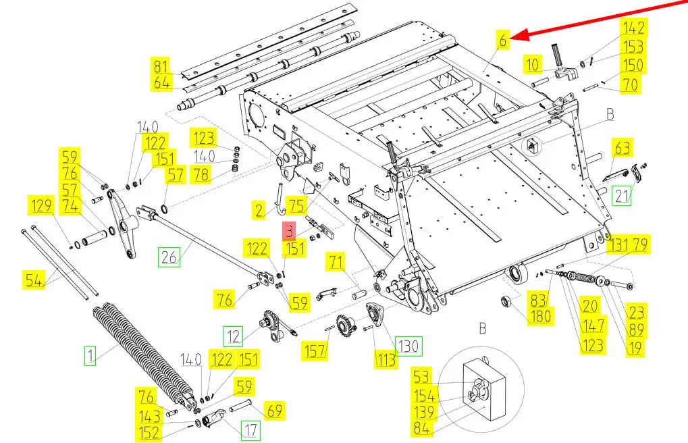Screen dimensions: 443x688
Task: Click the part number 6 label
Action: pyautogui.click(x=503, y=40)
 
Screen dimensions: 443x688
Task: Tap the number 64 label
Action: pyautogui.click(x=161, y=83)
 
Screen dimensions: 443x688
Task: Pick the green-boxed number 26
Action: pyautogui.click(x=169, y=257)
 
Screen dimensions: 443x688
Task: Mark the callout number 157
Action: pyautogui.click(x=315, y=350)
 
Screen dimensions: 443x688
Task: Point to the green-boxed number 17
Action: pyautogui.click(x=250, y=429)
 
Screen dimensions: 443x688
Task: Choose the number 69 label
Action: pyautogui.click(x=274, y=409)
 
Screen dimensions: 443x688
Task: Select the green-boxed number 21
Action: pyautogui.click(x=621, y=197)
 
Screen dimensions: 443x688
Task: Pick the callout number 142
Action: pyautogui.click(x=633, y=28)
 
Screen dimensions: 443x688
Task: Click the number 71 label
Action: pyautogui.click(x=336, y=261)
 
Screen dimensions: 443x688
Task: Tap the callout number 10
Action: pyautogui.click(x=533, y=66)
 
